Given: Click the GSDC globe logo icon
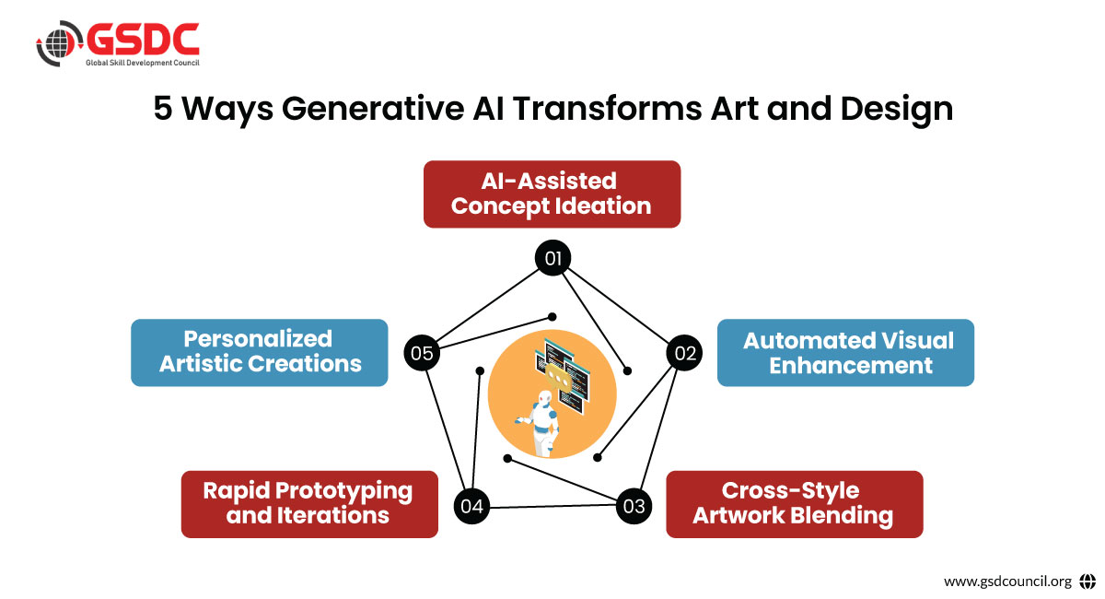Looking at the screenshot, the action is click(59, 43).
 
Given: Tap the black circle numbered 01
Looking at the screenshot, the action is click(552, 258).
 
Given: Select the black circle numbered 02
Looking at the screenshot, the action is click(684, 353).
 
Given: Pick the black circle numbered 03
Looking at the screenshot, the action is click(634, 506).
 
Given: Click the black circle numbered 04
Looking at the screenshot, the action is click(471, 506).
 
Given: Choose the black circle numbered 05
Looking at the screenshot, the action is click(422, 353).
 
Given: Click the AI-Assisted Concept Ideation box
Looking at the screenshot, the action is click(552, 194).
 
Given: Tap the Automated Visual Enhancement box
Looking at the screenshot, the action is click(845, 353).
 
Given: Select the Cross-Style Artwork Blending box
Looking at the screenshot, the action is click(794, 504).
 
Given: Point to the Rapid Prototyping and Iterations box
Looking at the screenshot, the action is click(309, 504).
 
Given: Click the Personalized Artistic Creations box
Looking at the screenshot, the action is click(260, 353).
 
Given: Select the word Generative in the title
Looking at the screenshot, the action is click(373, 108).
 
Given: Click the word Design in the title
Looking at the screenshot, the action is click(896, 110).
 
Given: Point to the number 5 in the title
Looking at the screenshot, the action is click(163, 109).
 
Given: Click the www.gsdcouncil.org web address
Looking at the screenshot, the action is click(1007, 581).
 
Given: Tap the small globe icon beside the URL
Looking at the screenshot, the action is click(1088, 581).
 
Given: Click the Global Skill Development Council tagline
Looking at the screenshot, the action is click(143, 63).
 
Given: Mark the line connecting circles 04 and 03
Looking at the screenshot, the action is click(552, 506).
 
